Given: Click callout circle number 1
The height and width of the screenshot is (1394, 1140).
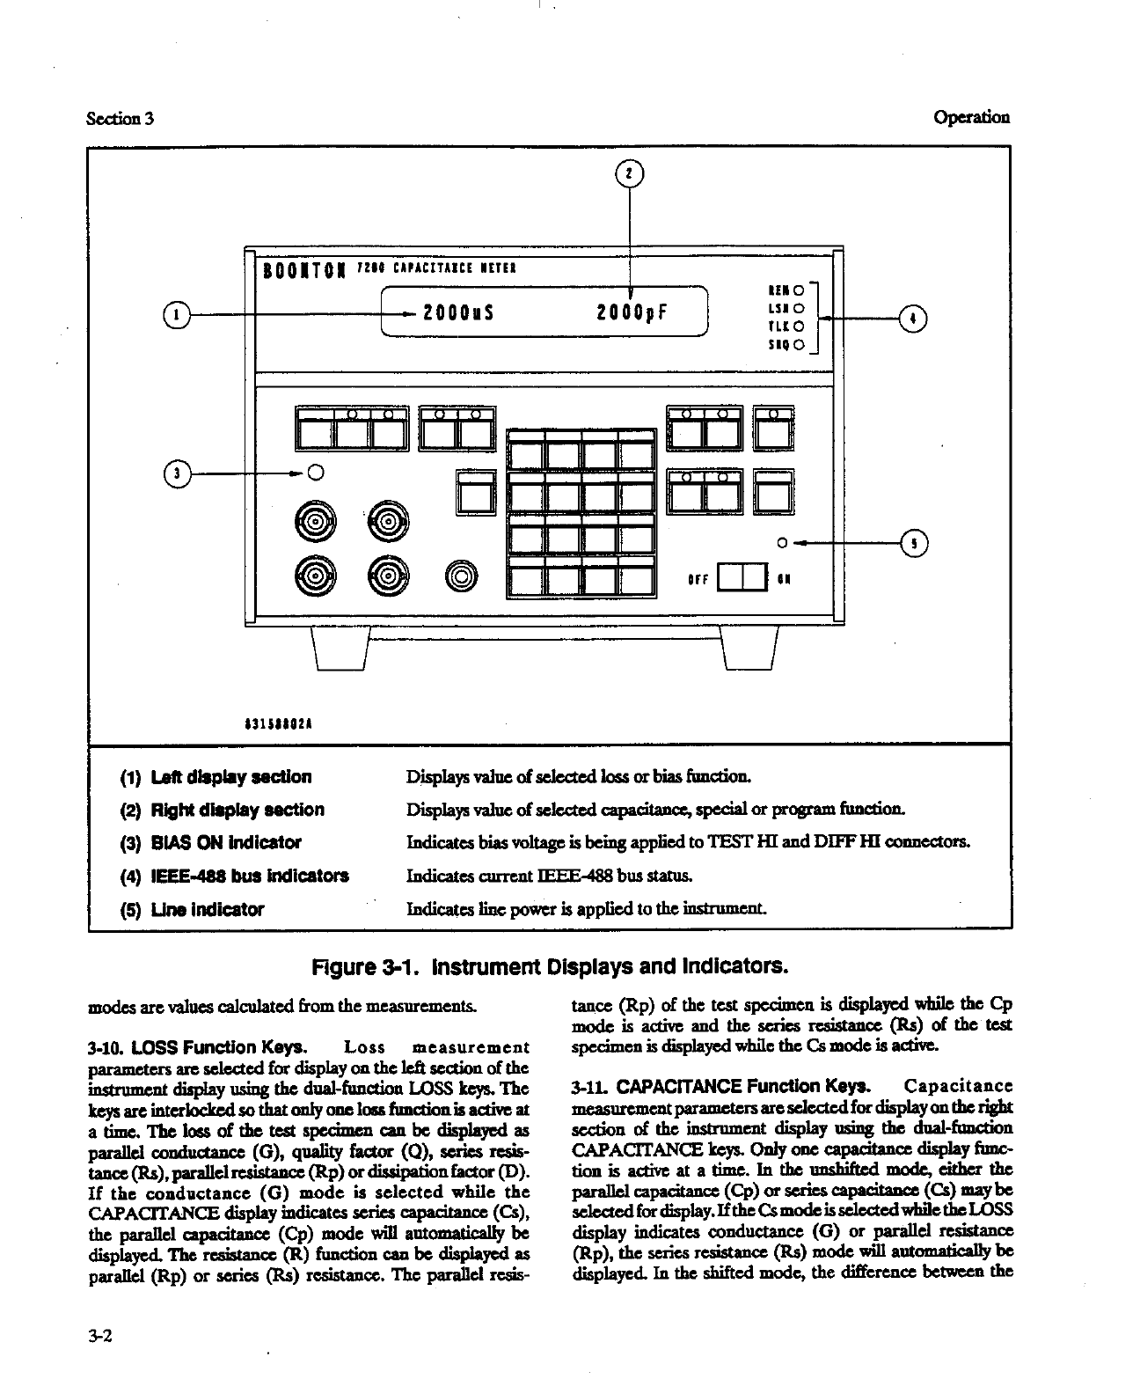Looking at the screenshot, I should coord(177,313).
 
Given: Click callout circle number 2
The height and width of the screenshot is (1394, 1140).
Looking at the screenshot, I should coord(629,173).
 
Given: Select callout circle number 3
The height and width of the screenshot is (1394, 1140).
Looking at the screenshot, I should coord(177,473).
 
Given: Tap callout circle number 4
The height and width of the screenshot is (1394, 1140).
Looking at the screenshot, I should coord(914,317).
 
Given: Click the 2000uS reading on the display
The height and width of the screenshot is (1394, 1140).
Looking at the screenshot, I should coord(457,313).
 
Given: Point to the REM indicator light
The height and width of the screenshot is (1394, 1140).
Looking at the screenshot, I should coord(798,289).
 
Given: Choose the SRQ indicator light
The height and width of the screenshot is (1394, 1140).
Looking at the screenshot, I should coord(798,344).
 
